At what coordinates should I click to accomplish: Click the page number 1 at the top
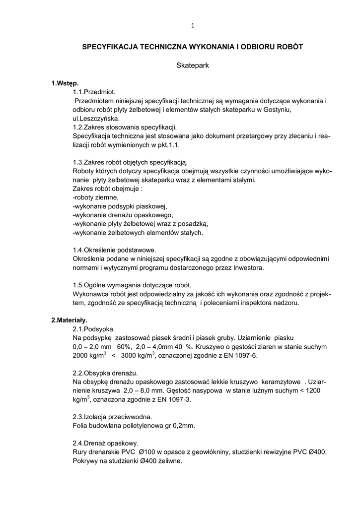pos(192,26)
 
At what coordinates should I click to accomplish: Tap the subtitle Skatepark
pos(192,65)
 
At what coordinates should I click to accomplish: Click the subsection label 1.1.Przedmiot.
pos(94,92)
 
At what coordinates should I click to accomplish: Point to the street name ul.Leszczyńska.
pos(96,119)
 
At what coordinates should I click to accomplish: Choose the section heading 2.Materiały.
pos(70,320)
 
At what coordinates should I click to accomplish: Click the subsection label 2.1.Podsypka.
pos(94,329)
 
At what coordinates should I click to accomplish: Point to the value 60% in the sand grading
pos(125,347)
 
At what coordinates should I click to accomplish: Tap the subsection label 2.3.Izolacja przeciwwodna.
pos(112,417)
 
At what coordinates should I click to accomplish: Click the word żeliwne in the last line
pos(170,461)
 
